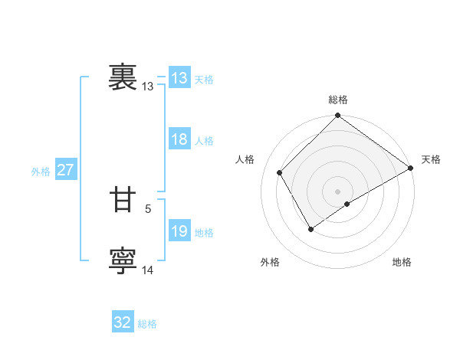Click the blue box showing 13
(x=179, y=78)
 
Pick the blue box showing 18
(x=179, y=139)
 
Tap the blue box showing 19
(x=179, y=231)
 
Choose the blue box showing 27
(x=65, y=170)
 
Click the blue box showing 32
(x=123, y=322)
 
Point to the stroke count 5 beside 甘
(x=148, y=208)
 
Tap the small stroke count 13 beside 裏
(x=148, y=87)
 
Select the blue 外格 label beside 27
(x=41, y=172)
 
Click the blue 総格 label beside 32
(x=147, y=324)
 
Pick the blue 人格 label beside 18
(x=204, y=141)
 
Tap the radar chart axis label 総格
(x=338, y=100)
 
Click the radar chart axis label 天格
(x=431, y=159)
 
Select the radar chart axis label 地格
(x=402, y=263)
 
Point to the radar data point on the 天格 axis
(x=411, y=168)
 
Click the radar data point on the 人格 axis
(x=280, y=172)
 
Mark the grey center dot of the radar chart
(x=338, y=191)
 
